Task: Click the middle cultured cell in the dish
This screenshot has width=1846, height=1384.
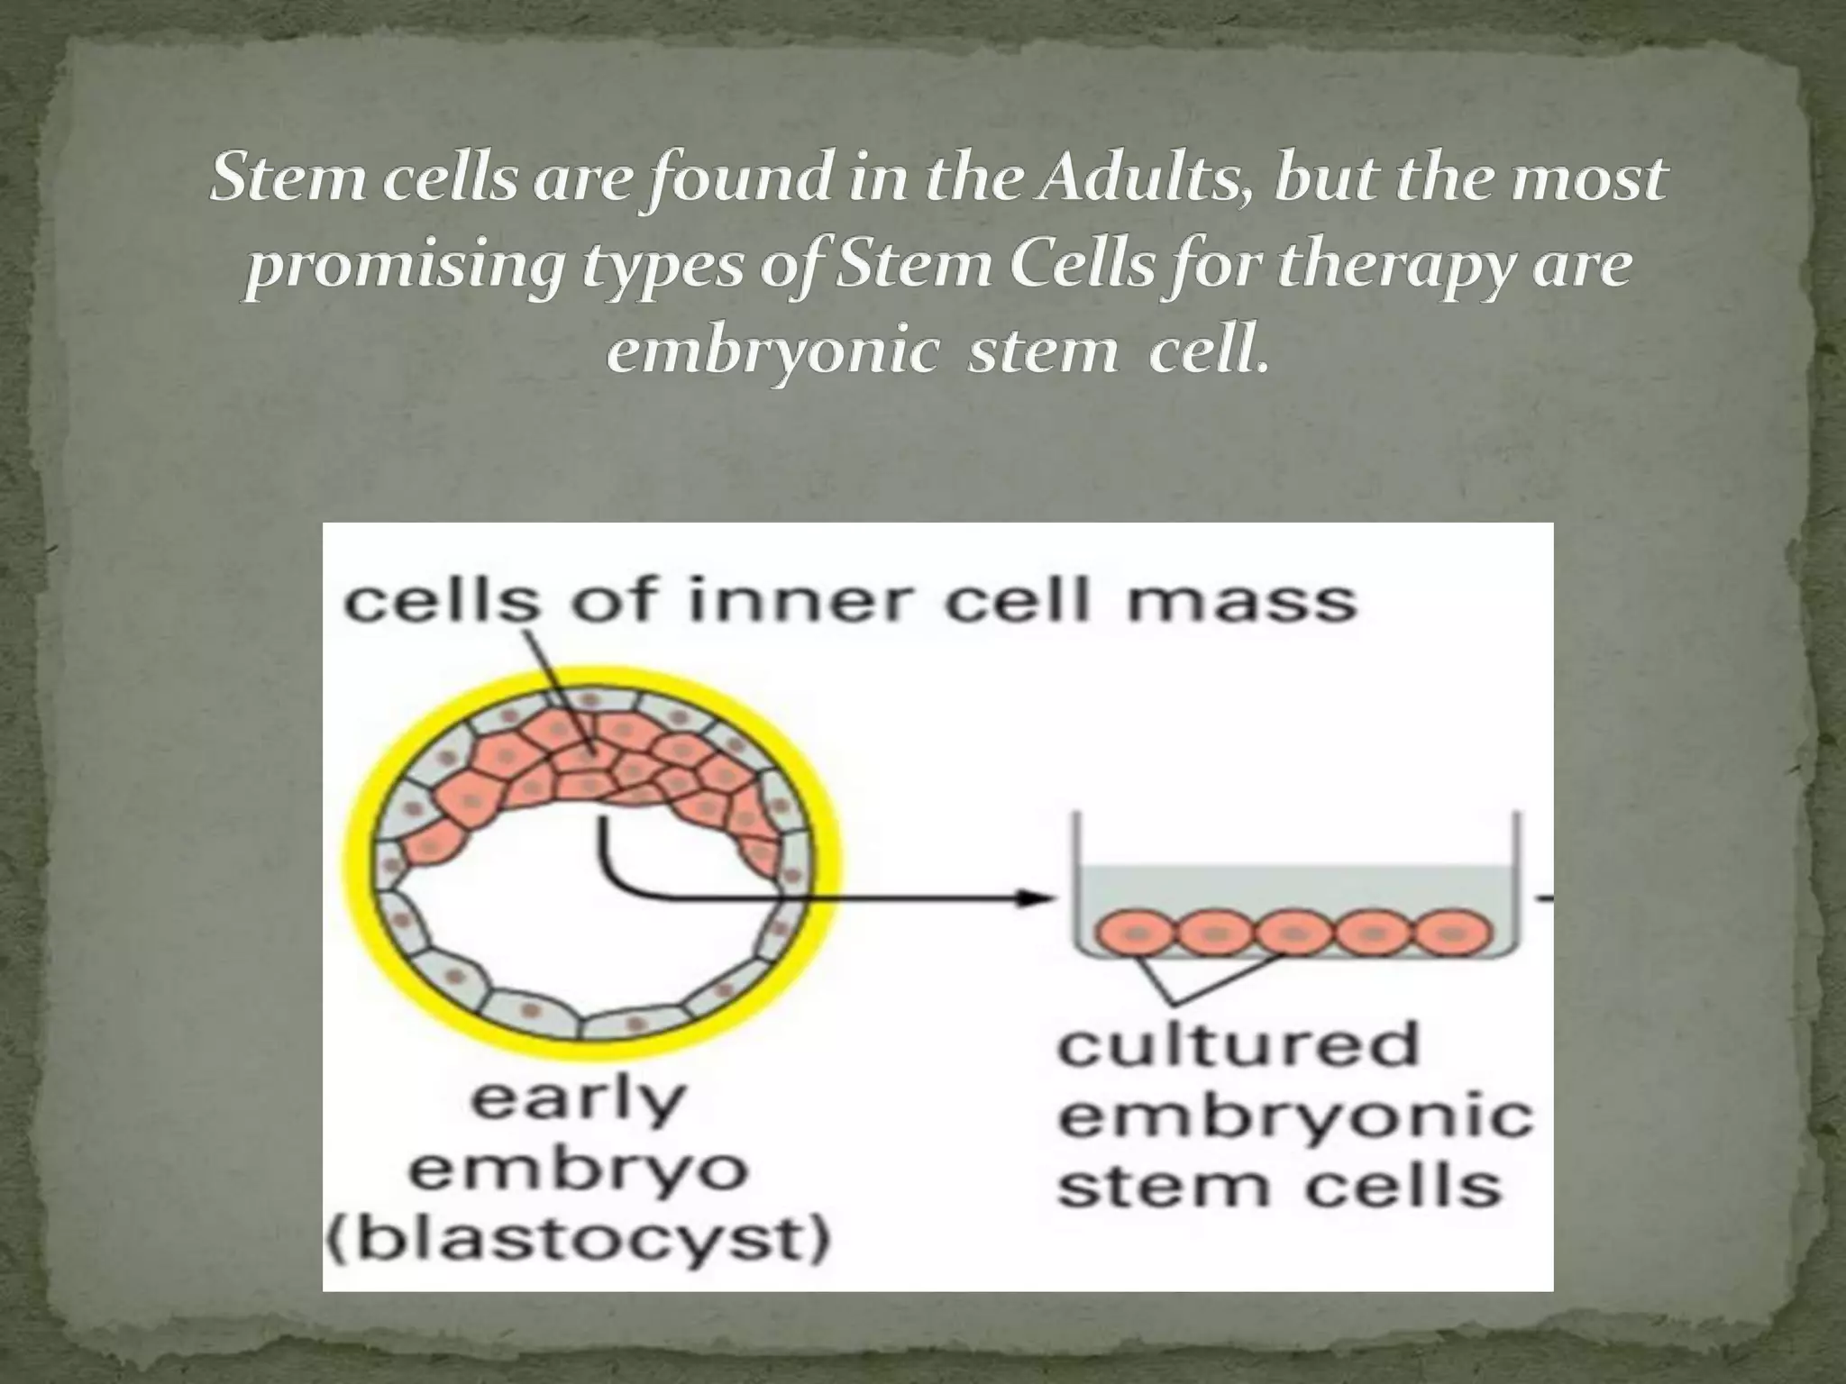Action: click(x=1293, y=932)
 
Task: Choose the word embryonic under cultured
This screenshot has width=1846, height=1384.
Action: click(x=1294, y=1116)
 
